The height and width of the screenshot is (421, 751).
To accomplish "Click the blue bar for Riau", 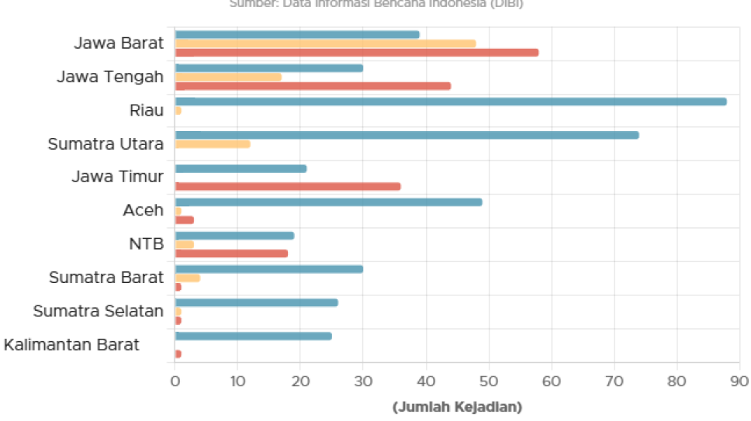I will click(451, 102).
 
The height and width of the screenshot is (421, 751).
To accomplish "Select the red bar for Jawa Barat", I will click(357, 53).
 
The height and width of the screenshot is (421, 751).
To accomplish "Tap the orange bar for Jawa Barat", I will click(326, 43).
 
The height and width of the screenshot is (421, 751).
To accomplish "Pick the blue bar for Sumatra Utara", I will click(407, 135).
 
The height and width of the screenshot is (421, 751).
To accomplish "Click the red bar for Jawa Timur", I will click(288, 186).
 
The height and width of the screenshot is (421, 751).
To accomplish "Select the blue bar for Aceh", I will click(328, 202).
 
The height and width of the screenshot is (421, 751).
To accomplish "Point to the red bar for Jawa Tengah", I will click(313, 86).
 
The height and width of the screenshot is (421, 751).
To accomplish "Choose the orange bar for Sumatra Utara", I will click(213, 144).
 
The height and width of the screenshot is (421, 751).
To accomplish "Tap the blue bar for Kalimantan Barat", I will click(253, 336).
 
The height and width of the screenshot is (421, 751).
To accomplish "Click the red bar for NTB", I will click(232, 254).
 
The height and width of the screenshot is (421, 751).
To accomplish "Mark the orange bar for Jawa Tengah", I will click(228, 77).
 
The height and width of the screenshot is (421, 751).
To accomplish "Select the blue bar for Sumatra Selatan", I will click(256, 302).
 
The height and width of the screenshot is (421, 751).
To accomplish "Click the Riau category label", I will click(146, 110).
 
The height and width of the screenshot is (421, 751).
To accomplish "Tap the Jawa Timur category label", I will click(117, 177).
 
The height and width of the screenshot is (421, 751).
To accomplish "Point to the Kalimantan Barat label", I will click(71, 344).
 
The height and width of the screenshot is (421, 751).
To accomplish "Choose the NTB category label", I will click(146, 244).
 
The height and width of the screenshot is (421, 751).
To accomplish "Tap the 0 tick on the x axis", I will click(175, 381).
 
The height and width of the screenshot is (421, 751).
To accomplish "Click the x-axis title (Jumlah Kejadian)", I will click(457, 407).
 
